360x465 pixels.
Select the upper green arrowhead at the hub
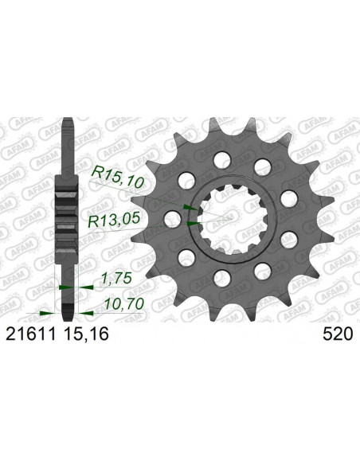coord(188,207)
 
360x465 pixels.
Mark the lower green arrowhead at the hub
coord(190,224)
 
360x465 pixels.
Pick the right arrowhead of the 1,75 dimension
coord(75,285)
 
